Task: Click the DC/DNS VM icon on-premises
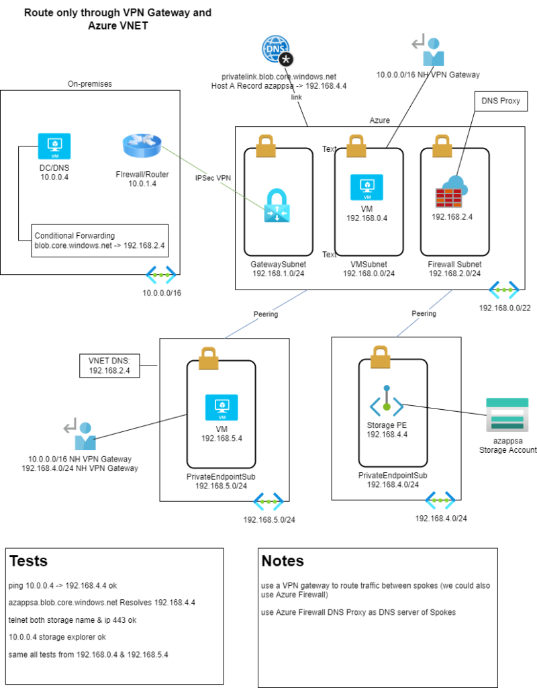[54, 146]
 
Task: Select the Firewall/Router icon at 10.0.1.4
[142, 146]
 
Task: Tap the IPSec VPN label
[213, 177]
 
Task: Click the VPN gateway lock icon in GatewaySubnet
[277, 205]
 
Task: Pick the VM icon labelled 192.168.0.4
[367, 187]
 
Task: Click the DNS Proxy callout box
[501, 101]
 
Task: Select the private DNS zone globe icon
[277, 50]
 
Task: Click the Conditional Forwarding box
[100, 241]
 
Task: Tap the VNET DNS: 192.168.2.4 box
[109, 366]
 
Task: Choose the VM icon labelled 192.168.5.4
[222, 407]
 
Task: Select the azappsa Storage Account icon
[507, 415]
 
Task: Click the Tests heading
[28, 561]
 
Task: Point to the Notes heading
[283, 561]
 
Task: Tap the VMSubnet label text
[369, 264]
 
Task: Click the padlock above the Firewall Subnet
[442, 146]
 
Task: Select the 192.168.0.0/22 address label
[505, 308]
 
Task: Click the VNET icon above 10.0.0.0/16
[161, 275]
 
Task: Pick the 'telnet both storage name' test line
[72, 620]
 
